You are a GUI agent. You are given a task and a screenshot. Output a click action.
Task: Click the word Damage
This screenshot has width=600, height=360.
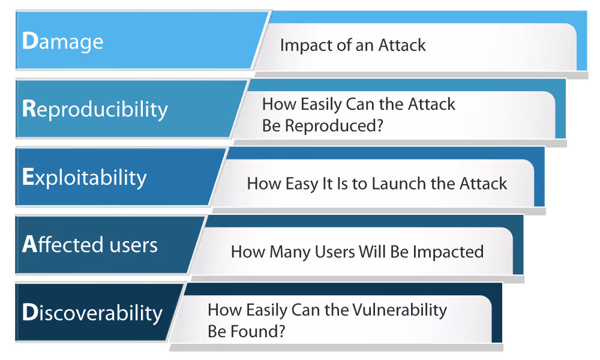point(62,41)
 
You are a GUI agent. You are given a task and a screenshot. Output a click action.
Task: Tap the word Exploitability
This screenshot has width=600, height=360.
point(84,178)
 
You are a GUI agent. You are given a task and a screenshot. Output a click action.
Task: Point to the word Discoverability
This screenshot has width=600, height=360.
point(92,313)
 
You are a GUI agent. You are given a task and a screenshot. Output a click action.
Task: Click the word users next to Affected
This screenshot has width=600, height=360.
point(133,245)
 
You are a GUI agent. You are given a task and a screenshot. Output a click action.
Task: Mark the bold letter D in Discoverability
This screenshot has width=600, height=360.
point(30,313)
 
